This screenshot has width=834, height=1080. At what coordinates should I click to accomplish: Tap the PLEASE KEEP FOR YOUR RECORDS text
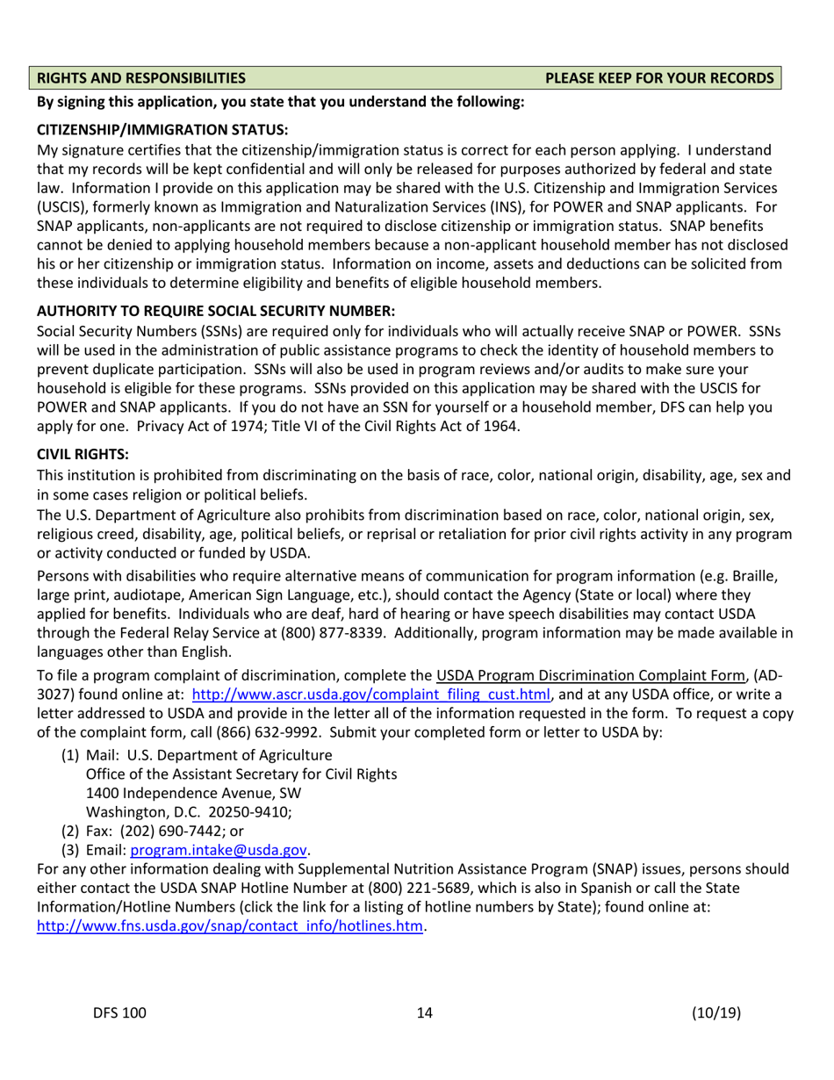pos(659,78)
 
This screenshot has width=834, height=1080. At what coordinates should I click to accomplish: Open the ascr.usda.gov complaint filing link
pos(371,695)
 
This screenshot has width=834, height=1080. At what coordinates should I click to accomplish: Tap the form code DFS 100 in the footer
pos(120,1013)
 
